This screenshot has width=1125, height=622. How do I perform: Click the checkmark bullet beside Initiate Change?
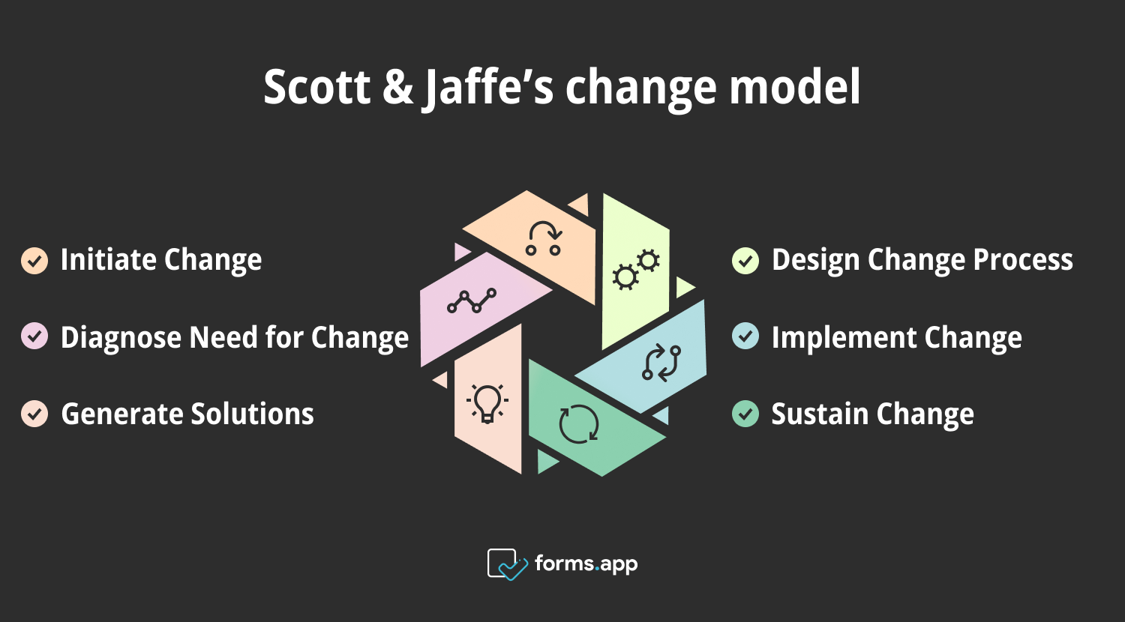(34, 260)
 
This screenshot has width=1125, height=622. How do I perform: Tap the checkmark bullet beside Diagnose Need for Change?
(34, 336)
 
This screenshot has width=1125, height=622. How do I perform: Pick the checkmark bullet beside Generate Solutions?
(34, 414)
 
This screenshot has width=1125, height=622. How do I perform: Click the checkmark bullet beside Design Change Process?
(745, 260)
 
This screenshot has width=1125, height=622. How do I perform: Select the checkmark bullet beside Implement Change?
(745, 336)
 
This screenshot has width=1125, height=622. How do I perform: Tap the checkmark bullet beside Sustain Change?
(745, 414)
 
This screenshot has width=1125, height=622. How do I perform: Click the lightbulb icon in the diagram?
(487, 403)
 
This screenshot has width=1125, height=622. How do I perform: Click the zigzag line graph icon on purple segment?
(472, 301)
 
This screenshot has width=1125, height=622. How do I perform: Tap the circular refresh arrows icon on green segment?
(579, 423)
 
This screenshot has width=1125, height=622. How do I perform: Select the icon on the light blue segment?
(661, 363)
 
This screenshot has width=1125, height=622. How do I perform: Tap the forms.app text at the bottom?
(586, 564)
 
